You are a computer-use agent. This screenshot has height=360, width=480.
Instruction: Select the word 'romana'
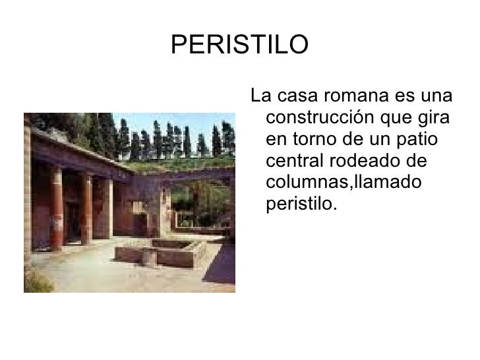point(353,98)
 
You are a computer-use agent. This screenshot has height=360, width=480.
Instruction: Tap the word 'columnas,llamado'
point(342,183)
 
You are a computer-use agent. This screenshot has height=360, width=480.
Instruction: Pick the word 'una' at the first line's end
point(438,98)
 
